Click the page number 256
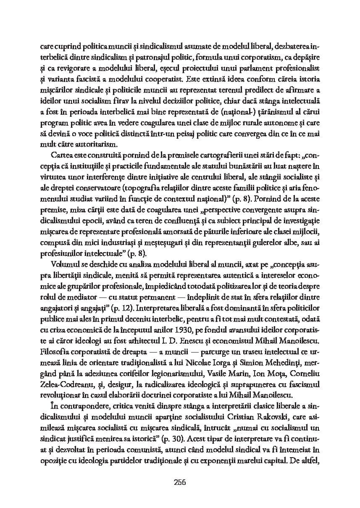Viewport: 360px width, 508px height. pos(180,482)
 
